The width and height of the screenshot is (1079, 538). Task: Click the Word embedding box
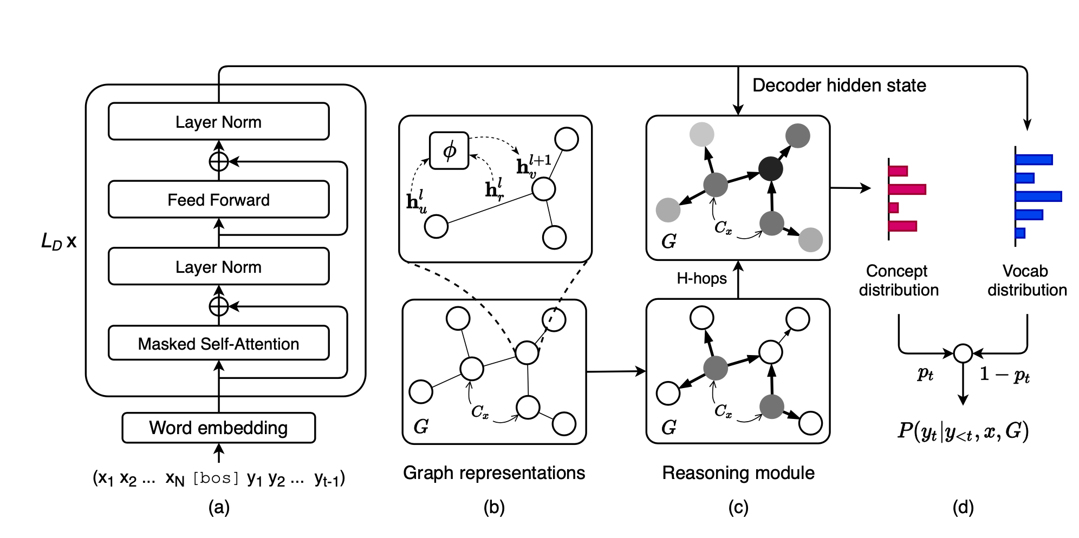pyautogui.click(x=218, y=428)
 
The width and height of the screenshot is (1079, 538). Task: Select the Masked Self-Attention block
pyautogui.click(x=218, y=343)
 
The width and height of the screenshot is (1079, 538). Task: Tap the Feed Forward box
pyautogui.click(x=218, y=200)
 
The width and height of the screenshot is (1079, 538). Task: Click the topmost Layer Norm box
pyautogui.click(x=218, y=122)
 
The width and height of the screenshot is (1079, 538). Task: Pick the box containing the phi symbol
pyautogui.click(x=449, y=150)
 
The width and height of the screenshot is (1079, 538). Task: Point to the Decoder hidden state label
pyautogui.click(x=839, y=86)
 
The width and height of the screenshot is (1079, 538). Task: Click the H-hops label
pyautogui.click(x=701, y=278)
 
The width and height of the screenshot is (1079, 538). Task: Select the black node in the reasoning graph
pyautogui.click(x=770, y=169)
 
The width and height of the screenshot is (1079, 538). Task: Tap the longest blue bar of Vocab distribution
pyautogui.click(x=1038, y=196)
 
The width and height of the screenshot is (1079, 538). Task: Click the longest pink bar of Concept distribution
pyautogui.click(x=907, y=189)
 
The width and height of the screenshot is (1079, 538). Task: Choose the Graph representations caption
pyautogui.click(x=494, y=473)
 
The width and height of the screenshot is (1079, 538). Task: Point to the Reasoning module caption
pyautogui.click(x=738, y=473)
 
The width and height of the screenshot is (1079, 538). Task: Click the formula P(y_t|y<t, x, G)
pyautogui.click(x=963, y=431)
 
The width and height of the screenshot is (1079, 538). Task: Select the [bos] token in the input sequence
pyautogui.click(x=216, y=478)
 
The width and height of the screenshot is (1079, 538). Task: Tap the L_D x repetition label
pyautogui.click(x=58, y=241)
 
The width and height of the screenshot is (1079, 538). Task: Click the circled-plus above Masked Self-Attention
pyautogui.click(x=219, y=306)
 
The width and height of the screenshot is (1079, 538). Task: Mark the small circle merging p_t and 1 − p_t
pyautogui.click(x=963, y=353)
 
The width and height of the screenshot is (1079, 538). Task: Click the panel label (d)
pyautogui.click(x=963, y=507)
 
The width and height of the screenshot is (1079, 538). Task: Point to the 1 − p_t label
pyautogui.click(x=1004, y=374)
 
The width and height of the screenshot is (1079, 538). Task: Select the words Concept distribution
pyautogui.click(x=898, y=280)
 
